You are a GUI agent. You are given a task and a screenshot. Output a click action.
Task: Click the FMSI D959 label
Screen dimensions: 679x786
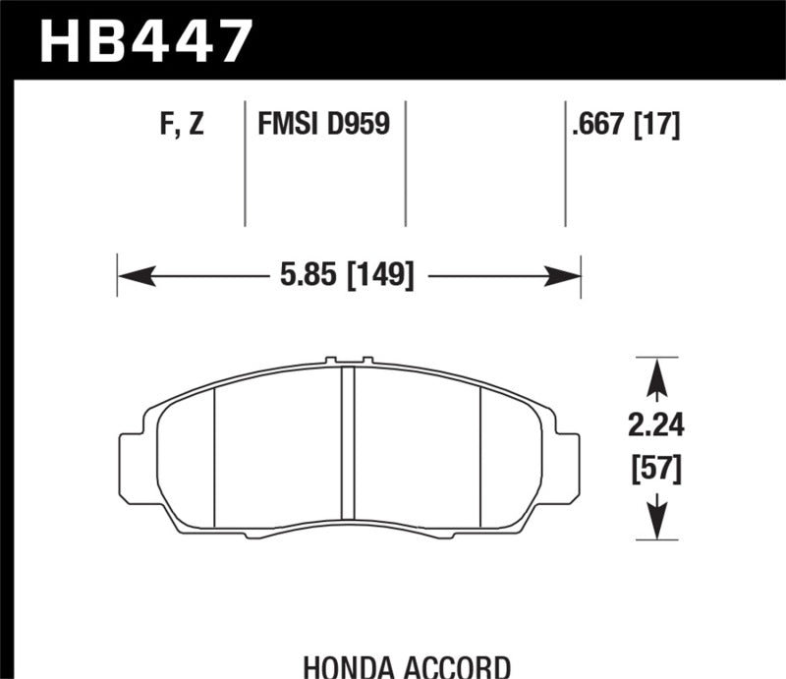[323, 126]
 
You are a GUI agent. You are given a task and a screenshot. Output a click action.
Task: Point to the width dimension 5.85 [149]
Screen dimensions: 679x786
[343, 274]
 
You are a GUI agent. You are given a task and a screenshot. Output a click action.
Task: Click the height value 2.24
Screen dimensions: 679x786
[654, 426]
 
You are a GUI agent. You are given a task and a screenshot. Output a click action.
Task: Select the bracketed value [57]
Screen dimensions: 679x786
[654, 471]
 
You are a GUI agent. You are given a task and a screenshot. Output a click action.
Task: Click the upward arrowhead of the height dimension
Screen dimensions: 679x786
[655, 371]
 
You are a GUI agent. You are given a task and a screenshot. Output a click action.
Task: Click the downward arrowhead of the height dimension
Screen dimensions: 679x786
[655, 525]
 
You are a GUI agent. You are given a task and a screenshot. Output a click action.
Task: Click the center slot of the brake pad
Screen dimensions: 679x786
[347, 447]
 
